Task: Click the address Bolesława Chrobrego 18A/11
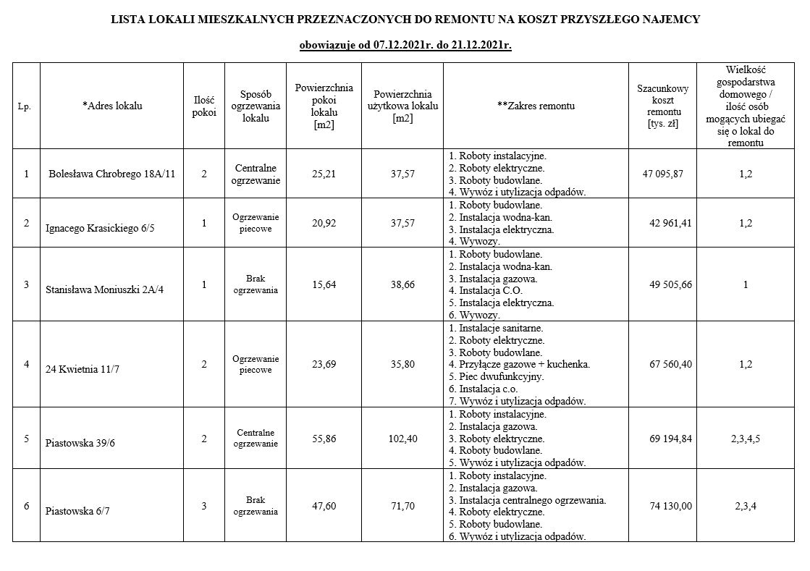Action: click(112, 174)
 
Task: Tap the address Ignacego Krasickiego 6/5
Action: click(100, 228)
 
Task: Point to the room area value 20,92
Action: click(324, 223)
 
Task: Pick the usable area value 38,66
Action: click(402, 284)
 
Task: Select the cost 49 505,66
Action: click(671, 284)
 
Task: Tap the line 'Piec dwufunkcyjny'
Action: click(496, 376)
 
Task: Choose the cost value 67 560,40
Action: click(671, 364)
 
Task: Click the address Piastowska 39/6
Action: click(80, 444)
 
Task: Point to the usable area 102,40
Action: click(402, 439)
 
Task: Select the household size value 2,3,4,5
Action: click(745, 439)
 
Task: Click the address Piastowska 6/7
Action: click(77, 511)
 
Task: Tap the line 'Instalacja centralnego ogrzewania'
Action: click(527, 499)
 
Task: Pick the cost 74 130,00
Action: click(671, 506)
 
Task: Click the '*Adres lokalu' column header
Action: click(112, 106)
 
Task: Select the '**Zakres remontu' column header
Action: click(536, 106)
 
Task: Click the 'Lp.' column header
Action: click(26, 106)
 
